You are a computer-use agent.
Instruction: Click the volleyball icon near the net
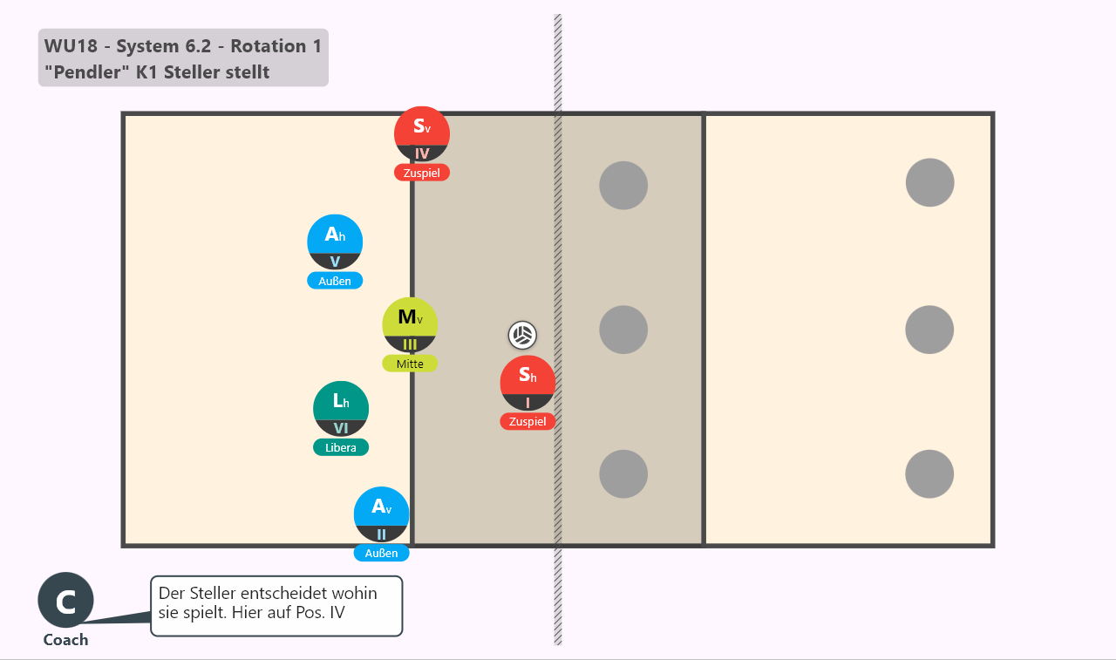(x=522, y=335)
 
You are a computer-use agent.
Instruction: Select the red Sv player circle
(x=421, y=134)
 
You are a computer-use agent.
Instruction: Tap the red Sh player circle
(x=527, y=383)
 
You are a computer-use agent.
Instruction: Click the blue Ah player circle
(x=335, y=242)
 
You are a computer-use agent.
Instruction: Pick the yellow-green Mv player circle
(x=410, y=325)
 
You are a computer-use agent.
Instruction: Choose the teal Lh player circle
(x=341, y=408)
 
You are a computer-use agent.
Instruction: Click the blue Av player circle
(x=381, y=514)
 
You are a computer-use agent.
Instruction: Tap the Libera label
(x=341, y=447)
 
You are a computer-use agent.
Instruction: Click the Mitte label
(x=410, y=364)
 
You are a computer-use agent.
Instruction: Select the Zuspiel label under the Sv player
(x=421, y=173)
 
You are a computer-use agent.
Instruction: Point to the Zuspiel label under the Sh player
(x=527, y=421)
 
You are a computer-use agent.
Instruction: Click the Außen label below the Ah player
(x=335, y=281)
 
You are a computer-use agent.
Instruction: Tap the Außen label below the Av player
(x=381, y=553)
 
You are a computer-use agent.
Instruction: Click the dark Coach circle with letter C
(x=65, y=600)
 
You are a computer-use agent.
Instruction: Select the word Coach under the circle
(x=65, y=640)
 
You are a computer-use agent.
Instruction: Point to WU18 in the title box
(x=71, y=46)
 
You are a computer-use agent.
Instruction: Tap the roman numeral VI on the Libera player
(x=341, y=428)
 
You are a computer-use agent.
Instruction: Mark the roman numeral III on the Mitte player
(x=410, y=344)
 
